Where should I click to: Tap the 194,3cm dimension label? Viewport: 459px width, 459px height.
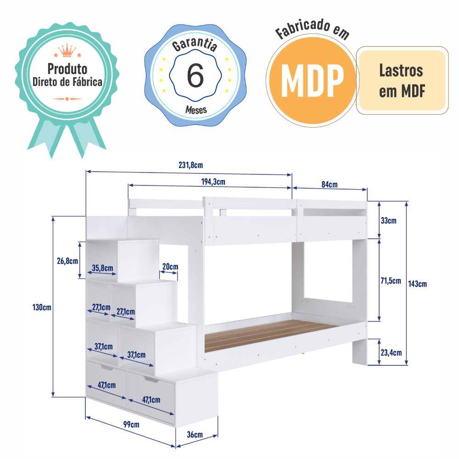tap(213, 181)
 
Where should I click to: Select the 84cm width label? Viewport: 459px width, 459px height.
tap(329, 185)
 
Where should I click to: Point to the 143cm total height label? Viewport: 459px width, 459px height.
tap(417, 284)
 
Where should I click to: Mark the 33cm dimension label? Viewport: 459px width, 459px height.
tap(389, 220)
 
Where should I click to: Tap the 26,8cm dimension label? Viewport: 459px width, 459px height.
tap(67, 261)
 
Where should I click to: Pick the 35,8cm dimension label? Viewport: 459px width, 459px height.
tap(102, 268)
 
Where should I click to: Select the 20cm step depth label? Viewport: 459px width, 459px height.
tap(170, 267)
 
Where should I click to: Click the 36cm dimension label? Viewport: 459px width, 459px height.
tap(195, 434)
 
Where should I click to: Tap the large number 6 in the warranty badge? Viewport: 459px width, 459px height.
tap(195, 76)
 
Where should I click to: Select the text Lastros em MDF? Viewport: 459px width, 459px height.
tap(402, 80)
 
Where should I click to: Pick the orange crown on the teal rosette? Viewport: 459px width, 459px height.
tap(67, 50)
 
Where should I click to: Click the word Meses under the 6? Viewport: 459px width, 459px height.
tap(196, 110)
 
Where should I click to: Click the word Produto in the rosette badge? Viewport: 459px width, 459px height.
tap(67, 69)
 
